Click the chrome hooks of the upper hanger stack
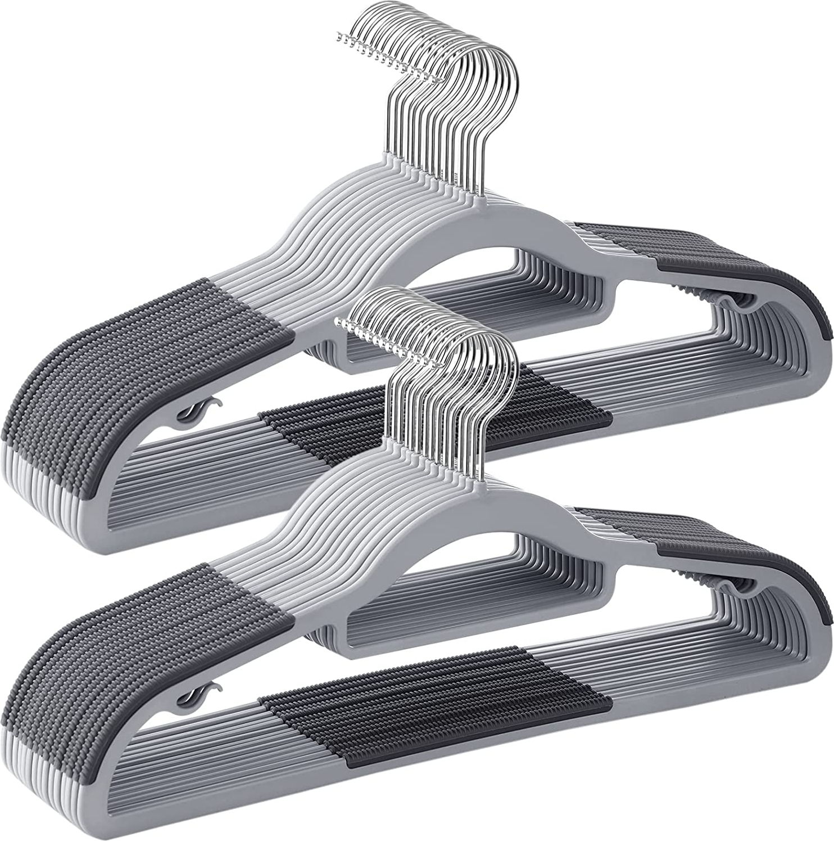(x=450, y=113)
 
